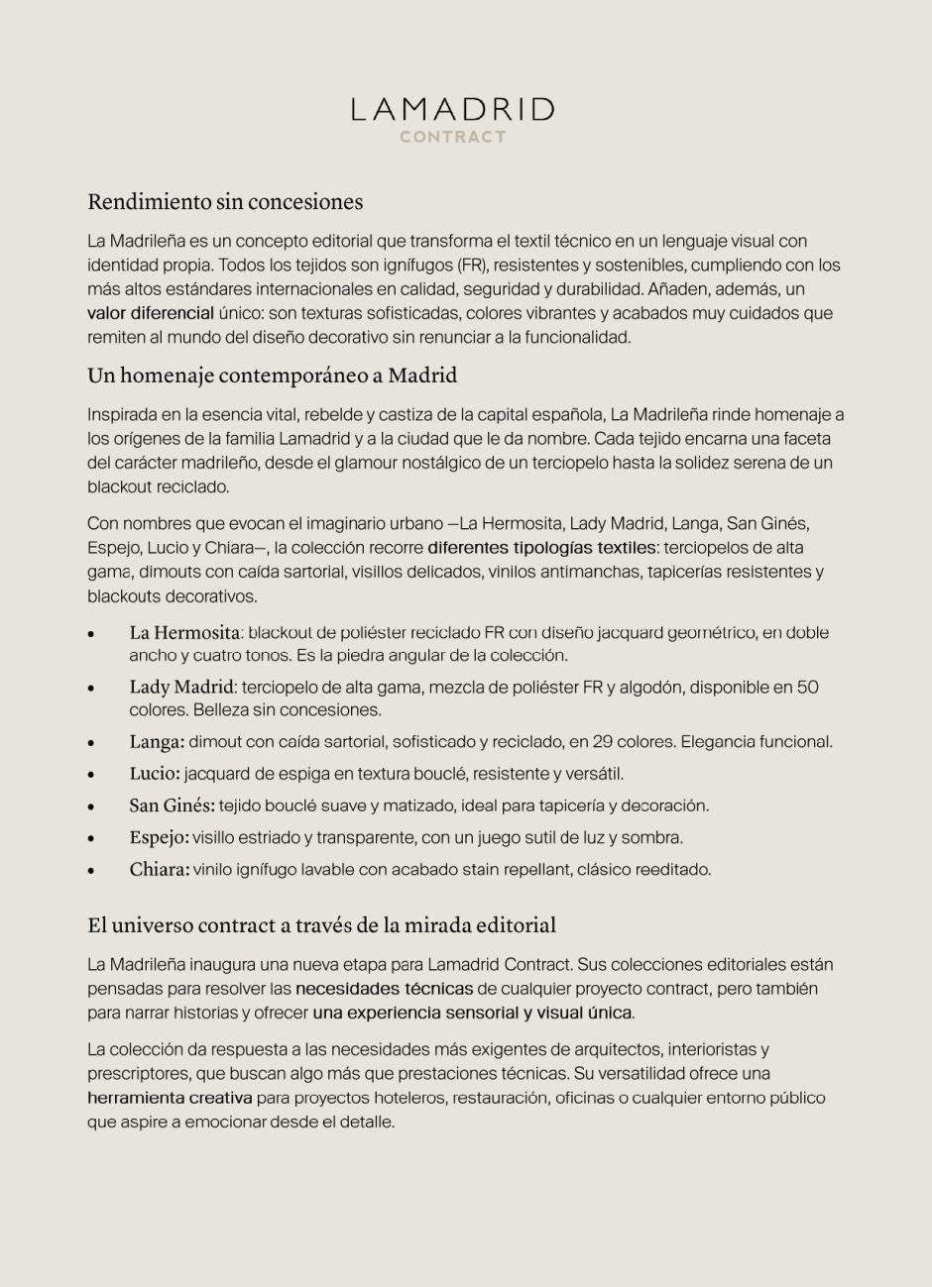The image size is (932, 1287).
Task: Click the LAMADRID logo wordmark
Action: tap(453, 109)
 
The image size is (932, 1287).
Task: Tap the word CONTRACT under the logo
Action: tap(453, 137)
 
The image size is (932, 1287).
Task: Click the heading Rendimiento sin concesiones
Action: tap(225, 202)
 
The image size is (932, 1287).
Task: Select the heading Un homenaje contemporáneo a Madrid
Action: tap(272, 376)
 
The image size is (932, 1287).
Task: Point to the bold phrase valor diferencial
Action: tap(150, 313)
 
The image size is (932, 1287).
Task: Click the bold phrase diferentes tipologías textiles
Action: tap(541, 548)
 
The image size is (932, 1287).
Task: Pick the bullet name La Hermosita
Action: tap(184, 632)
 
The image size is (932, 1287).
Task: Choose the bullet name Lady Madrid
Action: tap(181, 688)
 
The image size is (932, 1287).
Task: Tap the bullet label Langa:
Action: tap(157, 742)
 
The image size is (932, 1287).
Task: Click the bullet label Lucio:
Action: tap(155, 774)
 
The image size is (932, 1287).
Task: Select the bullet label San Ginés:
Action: tap(172, 806)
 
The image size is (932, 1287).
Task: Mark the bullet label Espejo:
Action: tap(159, 838)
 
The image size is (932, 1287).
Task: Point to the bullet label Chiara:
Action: tap(159, 870)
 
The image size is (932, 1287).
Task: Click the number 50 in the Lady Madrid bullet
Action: tap(807, 688)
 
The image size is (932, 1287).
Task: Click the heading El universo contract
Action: tap(321, 925)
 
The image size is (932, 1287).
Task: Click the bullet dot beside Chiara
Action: tap(91, 871)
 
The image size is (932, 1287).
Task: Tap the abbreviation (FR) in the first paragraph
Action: tap(472, 266)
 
